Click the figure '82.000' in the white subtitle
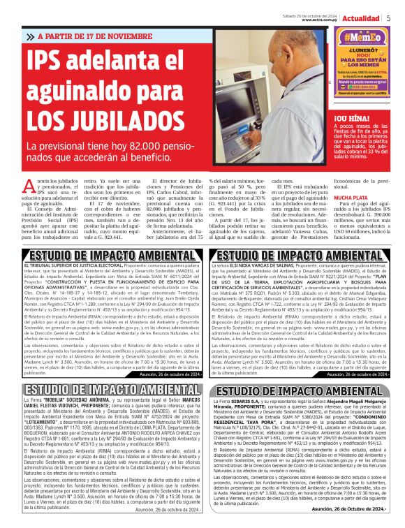pyautogui.click(x=144, y=147)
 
